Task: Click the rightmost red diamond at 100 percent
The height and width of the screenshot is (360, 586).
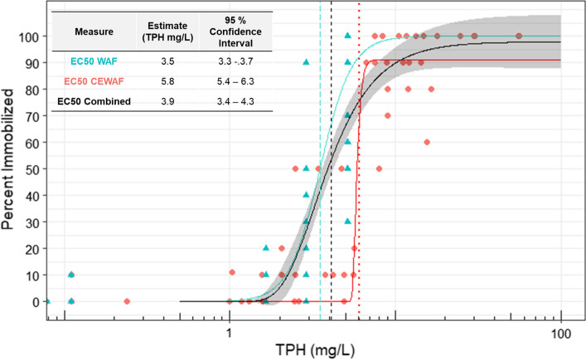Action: [x=518, y=36]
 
